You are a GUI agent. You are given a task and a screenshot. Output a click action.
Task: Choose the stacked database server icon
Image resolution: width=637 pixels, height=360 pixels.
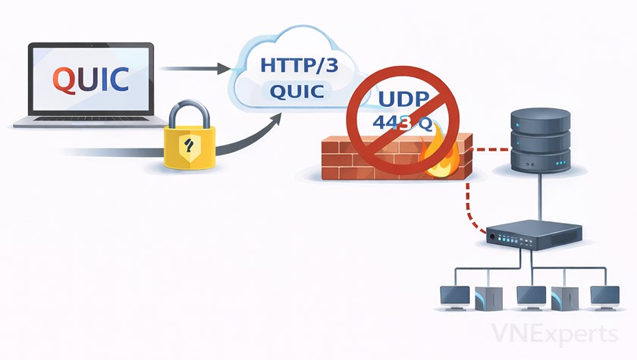point(539,139)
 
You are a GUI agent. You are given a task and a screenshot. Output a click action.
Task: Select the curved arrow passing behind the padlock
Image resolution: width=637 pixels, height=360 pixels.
point(250,133)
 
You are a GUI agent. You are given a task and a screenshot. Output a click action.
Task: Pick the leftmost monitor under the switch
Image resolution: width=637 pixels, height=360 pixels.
point(455,295)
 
